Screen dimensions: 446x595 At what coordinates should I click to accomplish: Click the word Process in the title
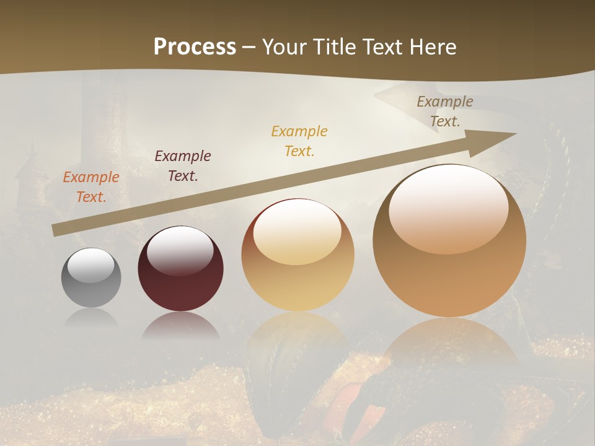[x=195, y=46]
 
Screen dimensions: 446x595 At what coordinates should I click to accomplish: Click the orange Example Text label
[x=90, y=187]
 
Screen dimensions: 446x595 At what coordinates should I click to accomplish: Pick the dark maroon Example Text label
[x=183, y=166]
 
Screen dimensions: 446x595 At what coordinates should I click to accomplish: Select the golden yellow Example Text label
[x=299, y=141]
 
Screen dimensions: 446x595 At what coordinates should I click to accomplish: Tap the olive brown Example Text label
[x=445, y=111]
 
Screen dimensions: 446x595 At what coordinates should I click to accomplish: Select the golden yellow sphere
[x=297, y=273]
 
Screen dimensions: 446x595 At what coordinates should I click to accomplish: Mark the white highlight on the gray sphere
[x=91, y=265]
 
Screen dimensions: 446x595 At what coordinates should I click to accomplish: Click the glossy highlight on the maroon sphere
[x=180, y=251]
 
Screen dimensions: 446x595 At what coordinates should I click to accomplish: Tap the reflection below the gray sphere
[x=91, y=318]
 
